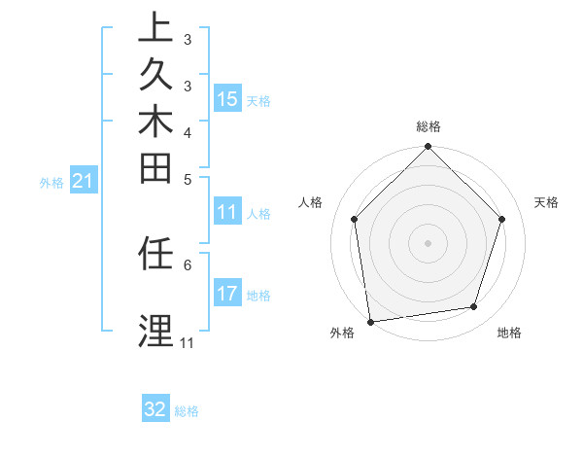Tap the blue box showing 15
tap(227, 98)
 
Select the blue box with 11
tap(227, 213)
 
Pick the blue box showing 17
tap(227, 294)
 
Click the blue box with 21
tap(83, 180)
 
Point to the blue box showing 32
tap(155, 409)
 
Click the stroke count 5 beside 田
tap(188, 179)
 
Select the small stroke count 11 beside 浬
tap(187, 343)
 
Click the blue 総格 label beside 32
tap(187, 411)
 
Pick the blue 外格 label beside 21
tap(51, 182)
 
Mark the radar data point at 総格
tap(428, 148)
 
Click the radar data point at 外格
tap(370, 321)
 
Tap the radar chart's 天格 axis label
tap(546, 202)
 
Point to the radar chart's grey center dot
tap(428, 242)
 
